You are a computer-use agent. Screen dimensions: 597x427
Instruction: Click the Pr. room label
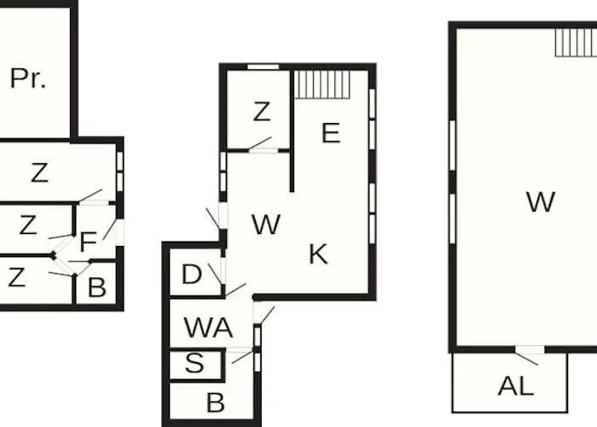28,79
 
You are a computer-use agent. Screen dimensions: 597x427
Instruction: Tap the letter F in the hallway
89,242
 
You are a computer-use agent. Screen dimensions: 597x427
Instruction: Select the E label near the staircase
331,132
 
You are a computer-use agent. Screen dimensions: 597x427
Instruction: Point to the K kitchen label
318,254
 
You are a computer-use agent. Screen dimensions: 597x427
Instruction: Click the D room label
192,274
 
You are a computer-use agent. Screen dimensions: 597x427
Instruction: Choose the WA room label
208,327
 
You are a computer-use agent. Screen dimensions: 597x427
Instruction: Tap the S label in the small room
194,363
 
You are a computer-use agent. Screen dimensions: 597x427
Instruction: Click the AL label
516,386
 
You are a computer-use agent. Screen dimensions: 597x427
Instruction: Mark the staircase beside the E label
322,85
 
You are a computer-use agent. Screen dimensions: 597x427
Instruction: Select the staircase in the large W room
576,43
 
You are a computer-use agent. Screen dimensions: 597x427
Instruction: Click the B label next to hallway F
96,288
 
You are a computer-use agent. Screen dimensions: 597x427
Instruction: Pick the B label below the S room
216,402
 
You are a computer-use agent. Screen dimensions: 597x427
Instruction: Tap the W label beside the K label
266,224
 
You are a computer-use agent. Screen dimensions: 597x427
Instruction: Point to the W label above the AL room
541,202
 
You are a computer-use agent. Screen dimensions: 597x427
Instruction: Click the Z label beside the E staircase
262,112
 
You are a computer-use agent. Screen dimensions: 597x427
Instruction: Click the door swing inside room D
216,274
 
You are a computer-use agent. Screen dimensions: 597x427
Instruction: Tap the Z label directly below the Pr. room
39,173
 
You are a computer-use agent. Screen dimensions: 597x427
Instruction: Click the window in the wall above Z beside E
263,67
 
